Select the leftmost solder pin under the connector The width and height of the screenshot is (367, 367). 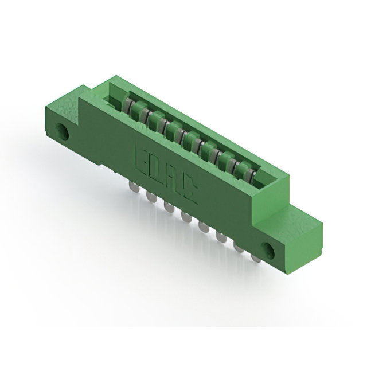point(134,188)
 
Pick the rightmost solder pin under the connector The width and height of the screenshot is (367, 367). point(256,257)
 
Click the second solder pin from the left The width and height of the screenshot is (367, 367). point(151,197)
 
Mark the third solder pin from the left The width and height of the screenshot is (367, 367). point(169,206)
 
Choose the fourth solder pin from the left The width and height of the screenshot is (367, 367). point(186,217)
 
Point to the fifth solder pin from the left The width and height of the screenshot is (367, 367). point(204,227)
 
